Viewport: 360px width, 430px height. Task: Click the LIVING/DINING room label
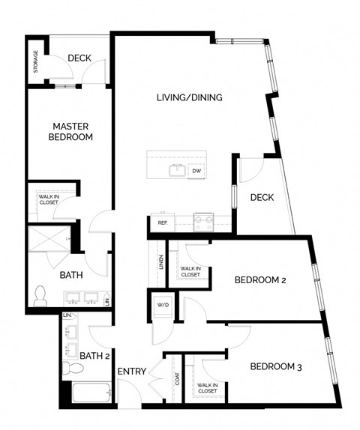coord(189,97)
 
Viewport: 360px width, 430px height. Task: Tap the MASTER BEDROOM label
coord(71,132)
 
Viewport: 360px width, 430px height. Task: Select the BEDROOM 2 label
coord(260,280)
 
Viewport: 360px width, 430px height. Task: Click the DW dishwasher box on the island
coord(196,171)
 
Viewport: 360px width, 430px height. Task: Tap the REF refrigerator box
coord(162,222)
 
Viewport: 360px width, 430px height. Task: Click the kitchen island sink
coord(177,170)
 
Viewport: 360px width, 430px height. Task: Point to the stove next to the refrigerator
coord(202,221)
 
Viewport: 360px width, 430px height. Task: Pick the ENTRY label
coord(131,371)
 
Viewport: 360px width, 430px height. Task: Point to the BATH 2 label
coord(94,356)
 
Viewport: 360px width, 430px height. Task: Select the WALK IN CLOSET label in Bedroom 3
coord(207,389)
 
